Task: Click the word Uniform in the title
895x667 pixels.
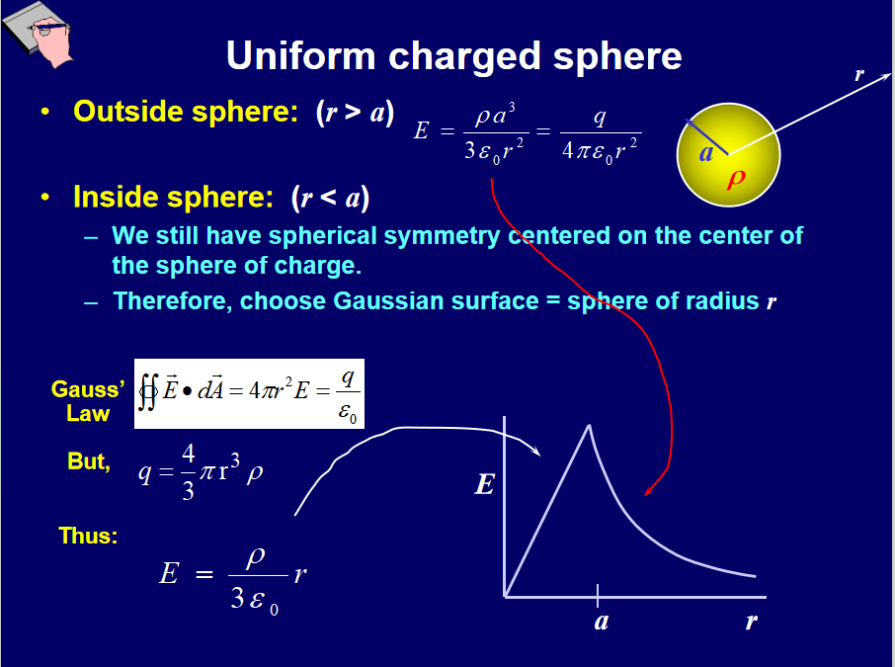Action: coord(301,56)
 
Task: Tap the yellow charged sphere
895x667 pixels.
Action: coord(728,155)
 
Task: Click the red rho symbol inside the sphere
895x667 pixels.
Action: coord(736,179)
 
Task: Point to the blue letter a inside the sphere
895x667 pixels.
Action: coord(706,153)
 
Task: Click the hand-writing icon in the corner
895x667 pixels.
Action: coord(38,35)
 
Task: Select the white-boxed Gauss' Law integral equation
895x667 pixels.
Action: coord(250,393)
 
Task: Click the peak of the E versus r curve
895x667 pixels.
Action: coord(589,426)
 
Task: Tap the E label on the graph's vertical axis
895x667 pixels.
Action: coord(485,484)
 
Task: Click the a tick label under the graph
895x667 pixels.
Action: coord(601,622)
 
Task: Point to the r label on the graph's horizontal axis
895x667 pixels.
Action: coord(752,622)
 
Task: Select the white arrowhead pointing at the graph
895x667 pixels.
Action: coord(535,452)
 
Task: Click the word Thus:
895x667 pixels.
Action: coord(88,536)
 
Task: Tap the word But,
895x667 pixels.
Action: coord(89,461)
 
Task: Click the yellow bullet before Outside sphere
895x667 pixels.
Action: coord(45,112)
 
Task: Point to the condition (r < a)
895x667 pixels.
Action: coord(330,199)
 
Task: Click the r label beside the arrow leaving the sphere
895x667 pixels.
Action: coord(859,74)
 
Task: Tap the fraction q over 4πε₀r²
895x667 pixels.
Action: coord(601,134)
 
